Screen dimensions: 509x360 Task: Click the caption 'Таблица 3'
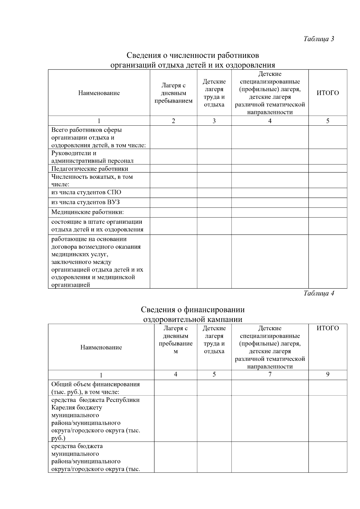point(319,39)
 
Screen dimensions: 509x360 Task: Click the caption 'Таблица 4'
point(319,293)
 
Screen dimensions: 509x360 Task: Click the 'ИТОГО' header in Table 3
point(328,93)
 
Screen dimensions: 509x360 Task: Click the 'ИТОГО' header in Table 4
point(328,328)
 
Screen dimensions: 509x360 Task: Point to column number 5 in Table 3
point(328,121)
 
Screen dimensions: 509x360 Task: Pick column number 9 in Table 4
point(328,374)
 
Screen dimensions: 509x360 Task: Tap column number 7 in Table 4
point(270,374)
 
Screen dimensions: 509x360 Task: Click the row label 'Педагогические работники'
point(90,169)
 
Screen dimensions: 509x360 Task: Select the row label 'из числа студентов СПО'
point(86,193)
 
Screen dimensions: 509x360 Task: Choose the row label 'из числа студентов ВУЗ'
point(85,202)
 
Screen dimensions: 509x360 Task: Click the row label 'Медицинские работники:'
point(88,212)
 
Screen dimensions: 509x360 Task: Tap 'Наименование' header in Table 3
point(99,93)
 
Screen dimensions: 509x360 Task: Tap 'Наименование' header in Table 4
point(101,347)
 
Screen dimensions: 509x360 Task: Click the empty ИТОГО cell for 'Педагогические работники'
point(328,169)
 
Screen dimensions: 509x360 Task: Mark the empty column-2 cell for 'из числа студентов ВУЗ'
point(173,202)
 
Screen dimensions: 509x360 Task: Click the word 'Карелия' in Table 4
point(63,408)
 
